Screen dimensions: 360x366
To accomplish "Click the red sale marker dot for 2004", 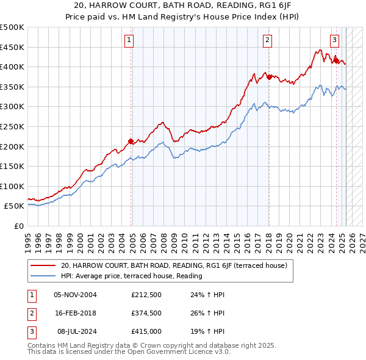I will (x=131, y=142).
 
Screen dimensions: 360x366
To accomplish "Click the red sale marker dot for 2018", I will (x=268, y=77).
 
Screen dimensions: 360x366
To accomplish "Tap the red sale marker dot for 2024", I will (x=335, y=60).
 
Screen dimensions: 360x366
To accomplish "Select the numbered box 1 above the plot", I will (x=129, y=41).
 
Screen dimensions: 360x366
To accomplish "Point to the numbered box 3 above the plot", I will (x=335, y=41).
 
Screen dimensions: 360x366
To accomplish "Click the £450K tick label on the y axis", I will (x=12, y=47).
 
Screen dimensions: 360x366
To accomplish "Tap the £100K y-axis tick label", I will (x=12, y=186).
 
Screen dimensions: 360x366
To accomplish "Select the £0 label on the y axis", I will (x=20, y=226).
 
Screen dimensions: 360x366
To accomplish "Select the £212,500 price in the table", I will (x=146, y=295).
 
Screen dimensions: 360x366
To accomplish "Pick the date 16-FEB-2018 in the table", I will (x=75, y=313).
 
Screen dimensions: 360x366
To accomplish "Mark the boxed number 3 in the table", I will (x=30, y=331).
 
